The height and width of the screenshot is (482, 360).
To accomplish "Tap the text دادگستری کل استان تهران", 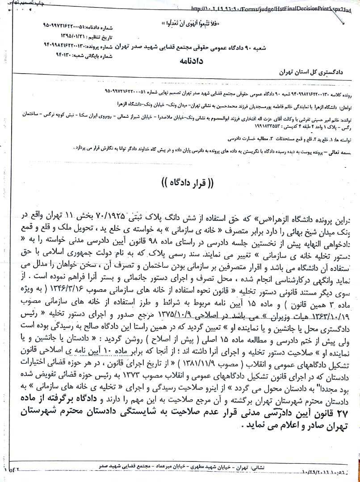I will (303, 71).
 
